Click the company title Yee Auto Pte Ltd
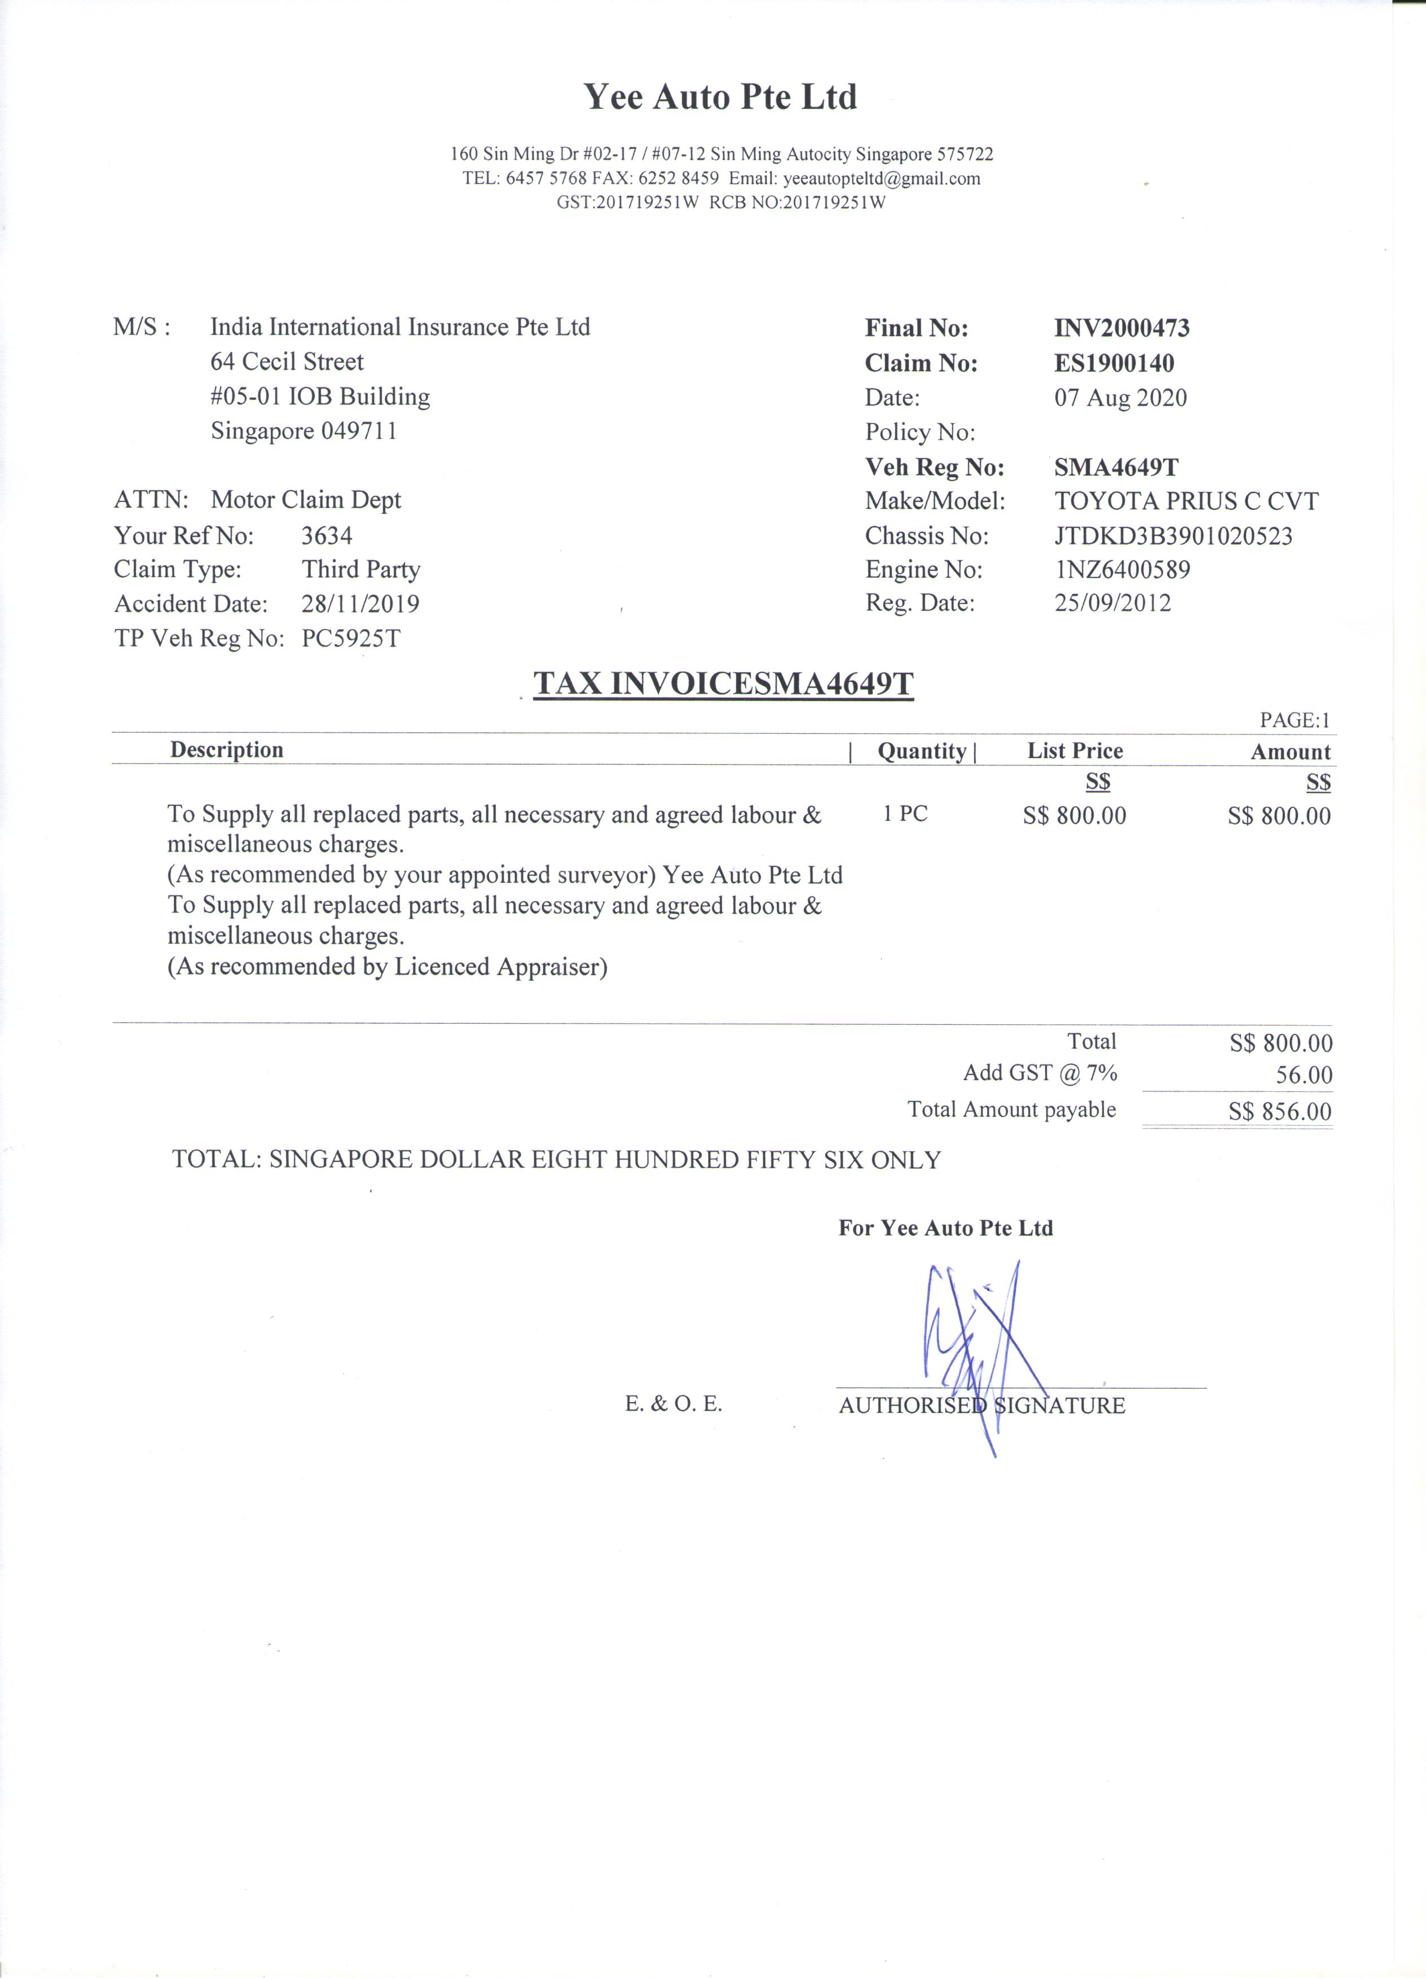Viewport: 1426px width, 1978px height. click(720, 97)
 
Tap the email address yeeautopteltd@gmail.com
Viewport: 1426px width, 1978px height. click(881, 179)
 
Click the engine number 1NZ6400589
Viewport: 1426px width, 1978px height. click(1121, 570)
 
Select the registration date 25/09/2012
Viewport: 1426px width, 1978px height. click(1112, 602)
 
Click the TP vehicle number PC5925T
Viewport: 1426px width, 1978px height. click(351, 638)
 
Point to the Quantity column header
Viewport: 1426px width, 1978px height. click(922, 751)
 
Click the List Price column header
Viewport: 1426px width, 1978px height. click(1075, 751)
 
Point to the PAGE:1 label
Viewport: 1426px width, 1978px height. click(1295, 720)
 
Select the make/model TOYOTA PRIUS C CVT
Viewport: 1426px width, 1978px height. click(1185, 501)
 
